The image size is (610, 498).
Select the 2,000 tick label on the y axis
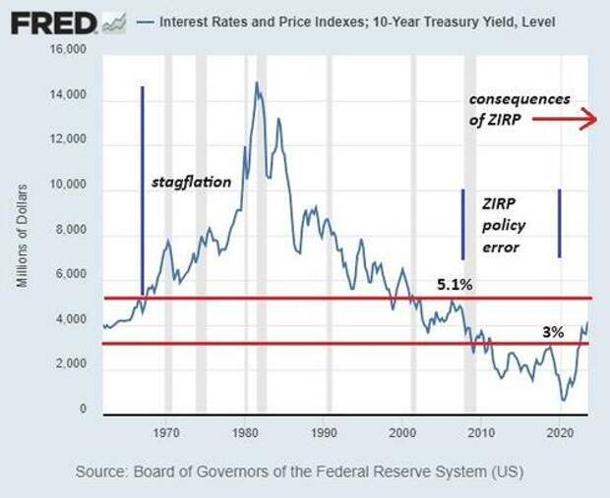77,364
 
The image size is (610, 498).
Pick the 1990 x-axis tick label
324,431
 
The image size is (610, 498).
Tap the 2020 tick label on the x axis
559,431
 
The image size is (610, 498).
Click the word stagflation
190,183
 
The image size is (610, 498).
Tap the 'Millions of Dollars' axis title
22,234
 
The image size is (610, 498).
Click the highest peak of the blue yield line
257,83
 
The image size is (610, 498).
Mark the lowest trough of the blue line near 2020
563,399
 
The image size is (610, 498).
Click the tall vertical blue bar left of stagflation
143,187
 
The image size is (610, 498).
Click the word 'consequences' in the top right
518,100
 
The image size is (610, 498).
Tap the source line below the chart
300,472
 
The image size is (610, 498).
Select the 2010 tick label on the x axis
480,431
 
